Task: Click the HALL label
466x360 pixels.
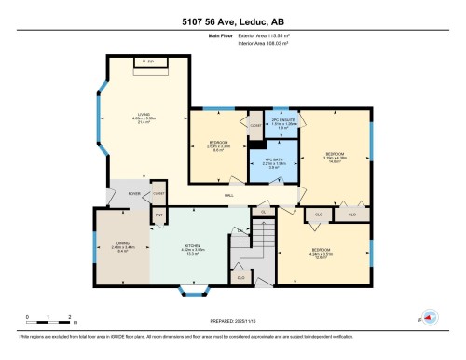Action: click(228, 194)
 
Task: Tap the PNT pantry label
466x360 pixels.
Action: click(158, 215)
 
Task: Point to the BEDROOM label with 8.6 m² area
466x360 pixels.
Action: click(218, 145)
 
